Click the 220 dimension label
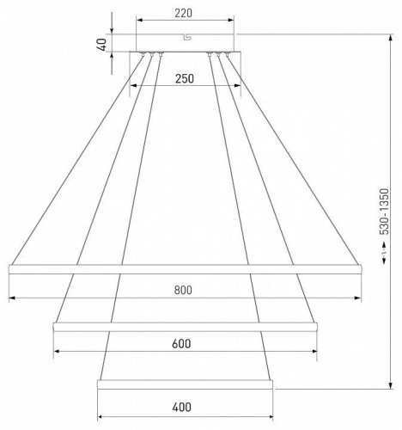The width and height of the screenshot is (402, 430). coord(183,13)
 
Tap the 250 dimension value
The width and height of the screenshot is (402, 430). coord(185,78)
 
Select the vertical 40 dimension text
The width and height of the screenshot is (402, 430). coord(102,45)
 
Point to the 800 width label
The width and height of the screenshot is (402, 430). coord(183,290)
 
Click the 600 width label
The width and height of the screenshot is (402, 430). coord(181,343)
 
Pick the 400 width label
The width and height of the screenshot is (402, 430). coord(181,407)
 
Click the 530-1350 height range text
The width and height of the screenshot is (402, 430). coord(386,212)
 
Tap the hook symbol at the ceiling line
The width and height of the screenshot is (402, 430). coord(187,37)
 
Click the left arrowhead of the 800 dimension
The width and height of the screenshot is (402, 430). coord(12,298)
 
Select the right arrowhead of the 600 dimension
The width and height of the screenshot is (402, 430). coord(314,351)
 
